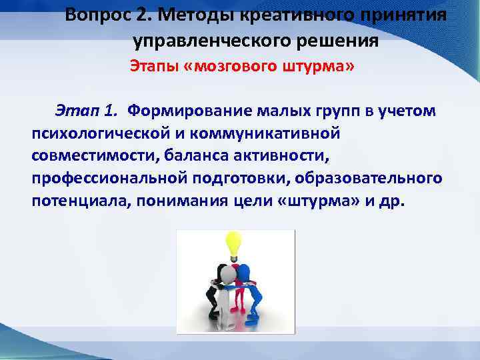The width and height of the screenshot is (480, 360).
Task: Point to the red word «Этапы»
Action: [151, 68]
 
